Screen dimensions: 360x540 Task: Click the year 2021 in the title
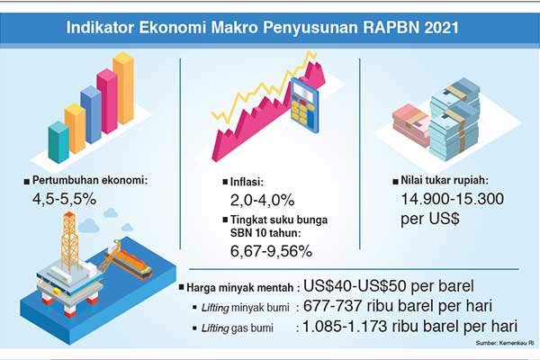pyautogui.click(x=446, y=27)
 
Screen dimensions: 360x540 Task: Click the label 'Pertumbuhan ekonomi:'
pyautogui.click(x=89, y=180)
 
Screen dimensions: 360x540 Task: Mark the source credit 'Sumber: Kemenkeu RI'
pyautogui.click(x=503, y=343)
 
